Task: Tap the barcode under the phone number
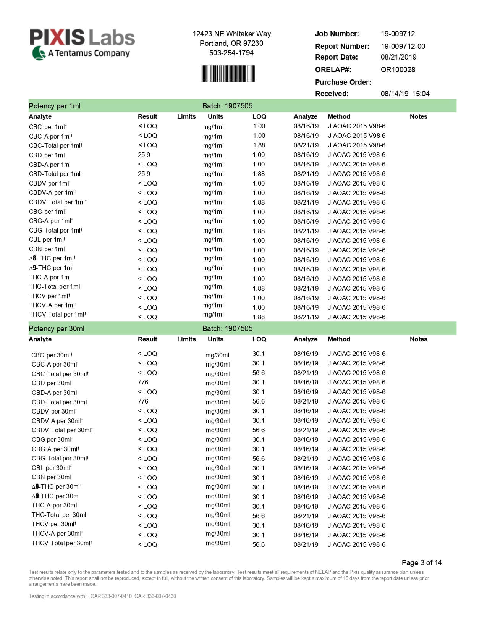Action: tap(228, 74)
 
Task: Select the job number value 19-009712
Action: tap(398, 34)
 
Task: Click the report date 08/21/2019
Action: tap(398, 57)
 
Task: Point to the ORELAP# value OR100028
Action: tap(398, 69)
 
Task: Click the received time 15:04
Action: tap(421, 94)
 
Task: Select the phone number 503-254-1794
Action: tap(231, 53)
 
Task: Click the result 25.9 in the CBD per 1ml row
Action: tap(144, 155)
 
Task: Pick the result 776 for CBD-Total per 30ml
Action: tap(143, 401)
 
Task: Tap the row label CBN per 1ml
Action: tap(47, 249)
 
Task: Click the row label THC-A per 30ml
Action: tap(54, 505)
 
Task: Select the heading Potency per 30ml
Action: tap(57, 328)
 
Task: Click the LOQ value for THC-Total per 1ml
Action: tap(259, 288)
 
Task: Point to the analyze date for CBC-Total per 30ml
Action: tap(306, 373)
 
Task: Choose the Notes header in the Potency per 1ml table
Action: tap(418, 116)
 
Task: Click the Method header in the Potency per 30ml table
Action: tap(339, 339)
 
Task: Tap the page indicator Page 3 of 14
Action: tap(421, 562)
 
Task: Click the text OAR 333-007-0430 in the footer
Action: tap(155, 596)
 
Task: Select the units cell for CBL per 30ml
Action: tap(218, 468)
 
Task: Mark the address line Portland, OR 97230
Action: tap(231, 43)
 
